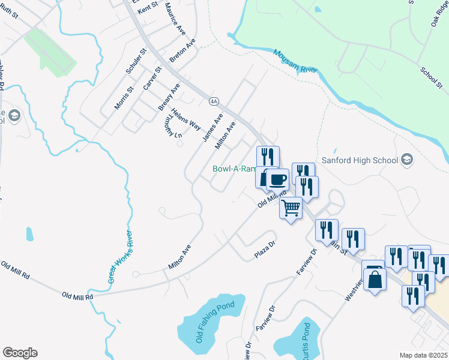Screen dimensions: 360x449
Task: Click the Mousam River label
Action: (x=295, y=61)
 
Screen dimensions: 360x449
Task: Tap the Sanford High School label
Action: (x=360, y=160)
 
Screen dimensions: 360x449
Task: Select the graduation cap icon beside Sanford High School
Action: (x=408, y=160)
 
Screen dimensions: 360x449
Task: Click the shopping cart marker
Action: (x=291, y=208)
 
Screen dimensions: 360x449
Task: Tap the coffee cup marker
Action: (x=277, y=179)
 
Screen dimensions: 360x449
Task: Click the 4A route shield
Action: (x=213, y=100)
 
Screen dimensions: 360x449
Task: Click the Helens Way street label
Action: (x=185, y=119)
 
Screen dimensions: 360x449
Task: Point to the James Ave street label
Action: (x=212, y=128)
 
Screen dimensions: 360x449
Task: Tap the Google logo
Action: (x=20, y=353)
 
